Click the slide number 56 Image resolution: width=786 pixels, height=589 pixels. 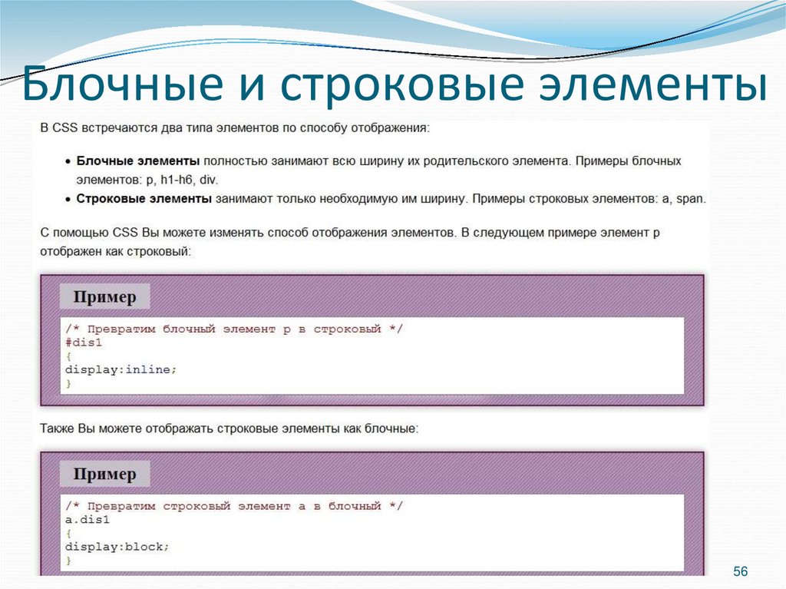(x=740, y=571)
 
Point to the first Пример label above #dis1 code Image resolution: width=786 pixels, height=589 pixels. (x=104, y=297)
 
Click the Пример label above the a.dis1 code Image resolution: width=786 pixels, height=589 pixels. (x=104, y=474)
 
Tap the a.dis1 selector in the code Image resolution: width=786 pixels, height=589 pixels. (x=88, y=520)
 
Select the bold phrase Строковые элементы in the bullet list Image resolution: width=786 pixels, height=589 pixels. (x=144, y=199)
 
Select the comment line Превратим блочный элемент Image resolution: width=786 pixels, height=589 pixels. (x=234, y=329)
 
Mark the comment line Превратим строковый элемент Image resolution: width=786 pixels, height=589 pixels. (x=234, y=506)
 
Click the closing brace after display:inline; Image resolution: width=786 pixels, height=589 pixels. (x=68, y=383)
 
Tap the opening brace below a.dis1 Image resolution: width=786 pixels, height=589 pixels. (x=68, y=533)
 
